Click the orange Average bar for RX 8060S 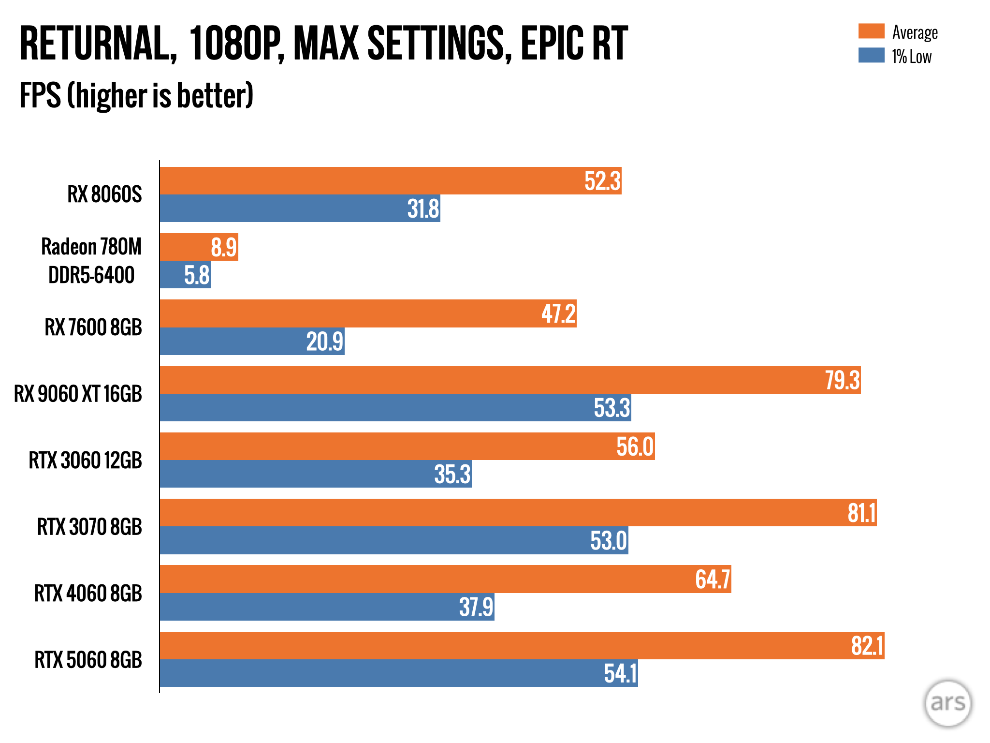coord(367,181)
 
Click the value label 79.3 coord(842,380)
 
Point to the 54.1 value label coord(620,673)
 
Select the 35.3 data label coord(452,474)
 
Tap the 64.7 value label coord(713,579)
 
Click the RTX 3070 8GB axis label coord(89,527)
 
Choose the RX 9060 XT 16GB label coord(78,394)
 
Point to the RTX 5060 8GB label coord(88,660)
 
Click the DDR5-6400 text coord(91,275)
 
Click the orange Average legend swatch coord(871,31)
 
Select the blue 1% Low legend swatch coord(871,56)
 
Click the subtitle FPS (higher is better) coord(136,95)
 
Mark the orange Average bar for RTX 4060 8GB coord(435,579)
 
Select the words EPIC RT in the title coord(574,44)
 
